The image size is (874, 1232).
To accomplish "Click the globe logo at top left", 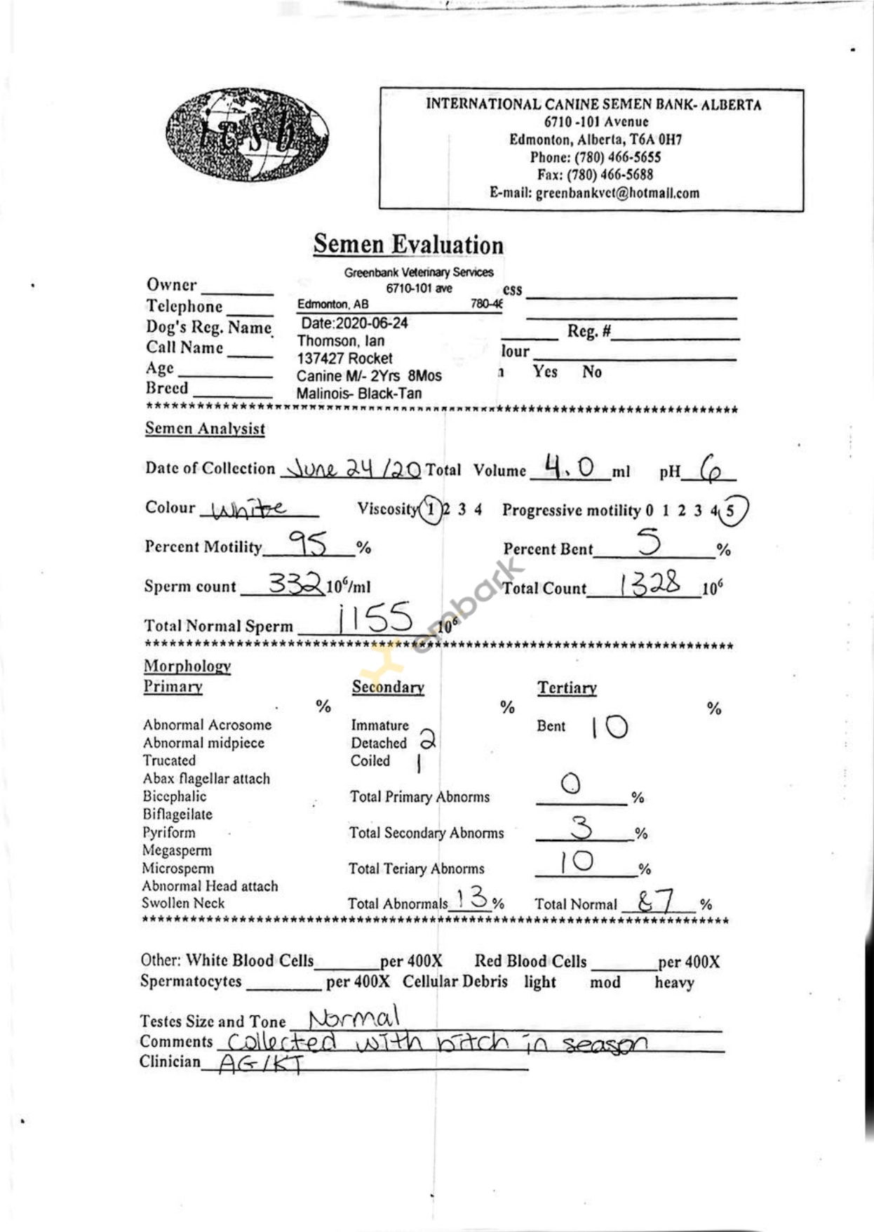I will [247, 134].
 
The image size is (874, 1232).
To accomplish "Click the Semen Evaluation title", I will [408, 244].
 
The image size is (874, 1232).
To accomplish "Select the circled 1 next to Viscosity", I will [431, 509].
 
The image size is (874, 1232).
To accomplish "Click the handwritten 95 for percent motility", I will [308, 543].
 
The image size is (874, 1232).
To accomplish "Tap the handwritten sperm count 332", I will [295, 583].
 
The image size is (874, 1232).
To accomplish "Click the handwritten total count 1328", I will [650, 584].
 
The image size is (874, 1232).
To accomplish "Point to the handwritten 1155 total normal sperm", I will [375, 618].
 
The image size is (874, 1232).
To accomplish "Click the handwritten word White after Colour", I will [248, 509].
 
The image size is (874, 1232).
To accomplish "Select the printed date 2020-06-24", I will [354, 323].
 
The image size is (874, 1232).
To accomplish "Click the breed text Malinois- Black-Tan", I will [358, 394].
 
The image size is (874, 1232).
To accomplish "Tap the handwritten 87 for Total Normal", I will [656, 900].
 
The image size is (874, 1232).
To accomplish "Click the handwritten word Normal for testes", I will [354, 1017].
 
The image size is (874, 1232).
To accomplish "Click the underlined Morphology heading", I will [187, 666].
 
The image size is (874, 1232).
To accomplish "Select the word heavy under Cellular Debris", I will [674, 982].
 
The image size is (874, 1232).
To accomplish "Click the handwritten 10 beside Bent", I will [609, 727].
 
